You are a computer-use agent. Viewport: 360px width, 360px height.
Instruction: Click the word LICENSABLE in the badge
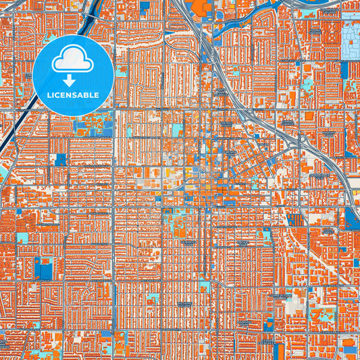[x=72, y=95]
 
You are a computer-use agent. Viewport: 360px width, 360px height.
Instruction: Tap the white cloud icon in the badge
[x=72, y=60]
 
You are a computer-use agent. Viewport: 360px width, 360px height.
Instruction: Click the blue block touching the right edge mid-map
[x=352, y=217]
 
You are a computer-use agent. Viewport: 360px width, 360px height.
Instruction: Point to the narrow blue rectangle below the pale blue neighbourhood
[x=344, y=70]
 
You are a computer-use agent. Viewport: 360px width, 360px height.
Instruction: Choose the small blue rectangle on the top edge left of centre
[x=145, y=6]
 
